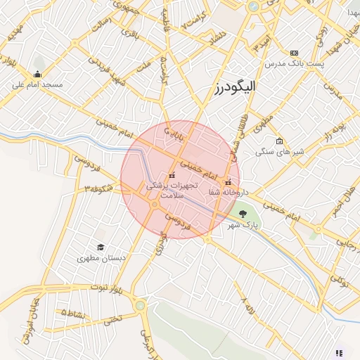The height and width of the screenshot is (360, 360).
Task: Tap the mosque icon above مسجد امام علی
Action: pos(37,74)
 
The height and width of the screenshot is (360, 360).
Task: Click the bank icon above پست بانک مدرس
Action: pos(293,53)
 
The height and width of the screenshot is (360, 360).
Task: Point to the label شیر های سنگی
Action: pos(279,151)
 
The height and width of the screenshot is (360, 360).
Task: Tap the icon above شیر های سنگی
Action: pos(279,141)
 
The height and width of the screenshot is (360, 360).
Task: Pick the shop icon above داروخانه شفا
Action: pos(226,183)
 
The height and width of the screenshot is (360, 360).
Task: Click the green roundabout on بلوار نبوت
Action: pos(141,305)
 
